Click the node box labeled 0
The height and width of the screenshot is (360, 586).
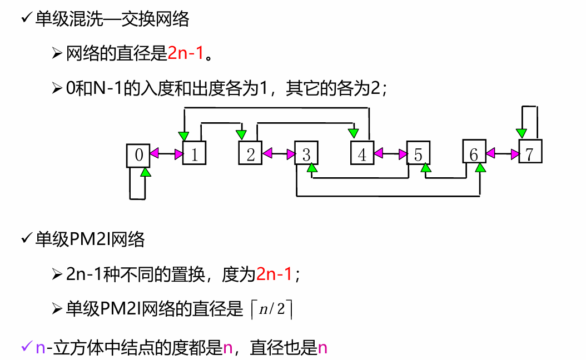[x=138, y=155]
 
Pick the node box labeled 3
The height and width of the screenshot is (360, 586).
[x=306, y=154]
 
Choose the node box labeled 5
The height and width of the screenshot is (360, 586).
[x=418, y=153]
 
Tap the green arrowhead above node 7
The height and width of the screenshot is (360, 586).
[x=522, y=133]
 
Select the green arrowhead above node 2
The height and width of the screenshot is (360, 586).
[x=241, y=134]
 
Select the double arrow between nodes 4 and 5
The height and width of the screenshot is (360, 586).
[x=390, y=153]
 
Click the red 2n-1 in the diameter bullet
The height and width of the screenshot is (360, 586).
[x=186, y=53]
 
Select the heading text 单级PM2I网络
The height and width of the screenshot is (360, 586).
[x=90, y=239]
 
